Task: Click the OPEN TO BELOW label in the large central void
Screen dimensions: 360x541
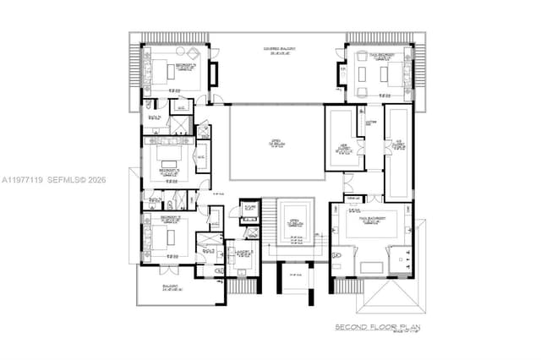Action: (276, 143)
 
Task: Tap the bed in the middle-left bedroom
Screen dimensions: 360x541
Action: (174, 160)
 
